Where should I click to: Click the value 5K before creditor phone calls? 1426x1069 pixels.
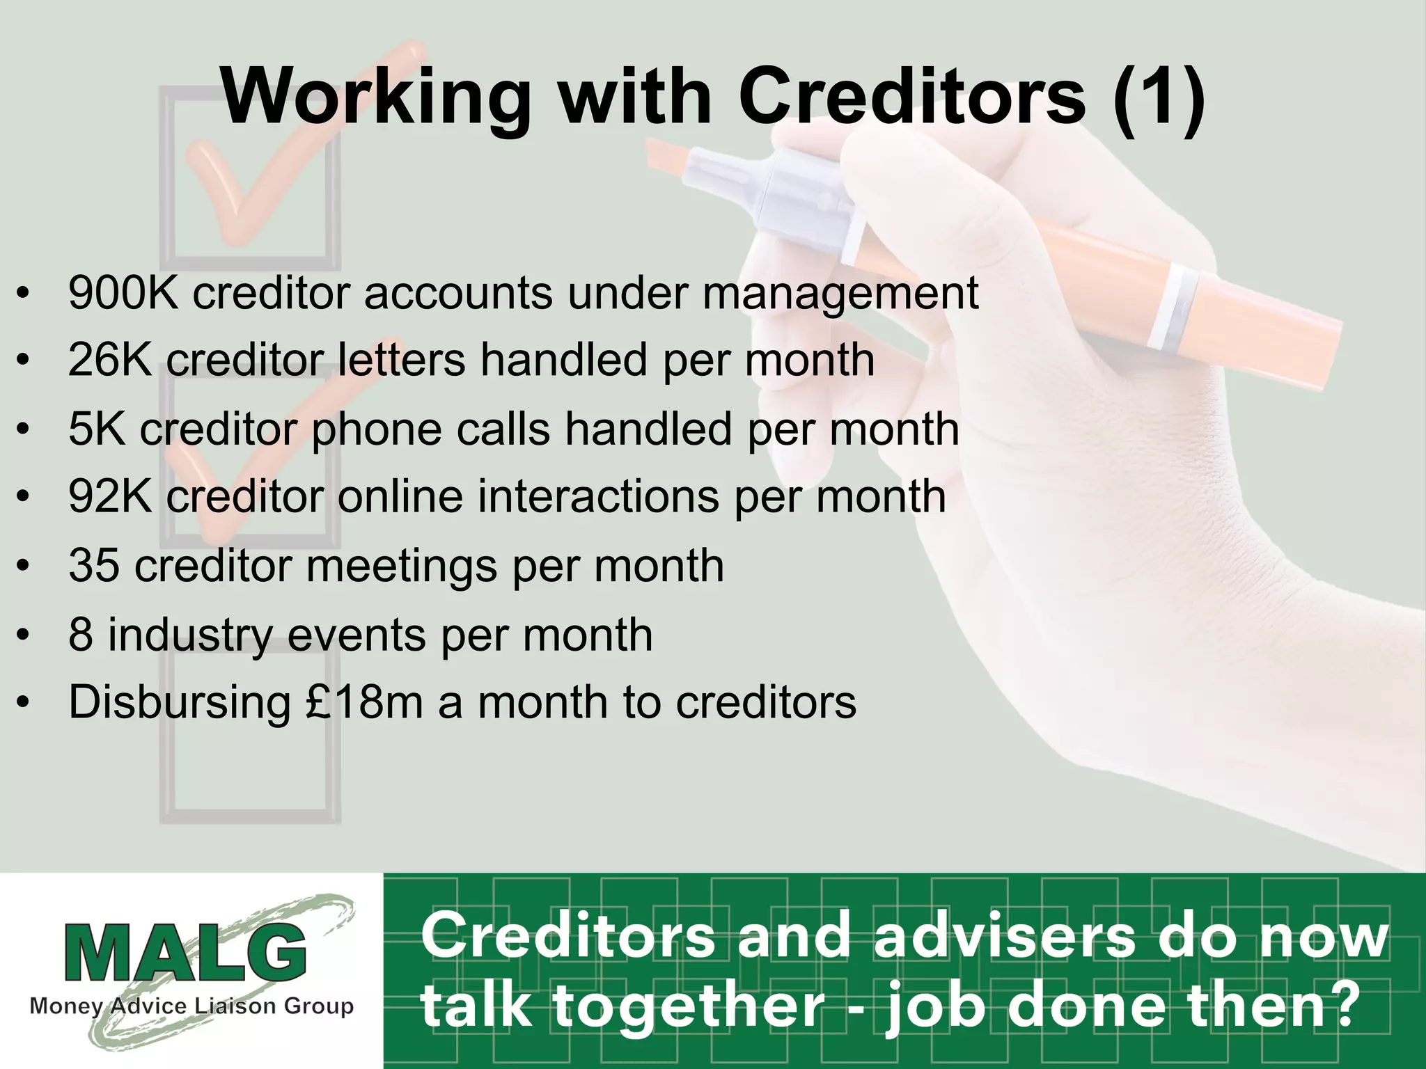pos(97,429)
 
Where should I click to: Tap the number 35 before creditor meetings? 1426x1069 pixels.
pos(94,565)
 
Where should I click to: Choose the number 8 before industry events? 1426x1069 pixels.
pos(81,634)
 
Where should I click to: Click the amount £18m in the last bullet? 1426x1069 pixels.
pos(364,702)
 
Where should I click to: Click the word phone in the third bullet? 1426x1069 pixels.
pos(376,430)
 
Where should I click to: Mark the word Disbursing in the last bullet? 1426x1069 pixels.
pos(180,703)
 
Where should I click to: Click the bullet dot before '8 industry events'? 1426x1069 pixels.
pos(24,635)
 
